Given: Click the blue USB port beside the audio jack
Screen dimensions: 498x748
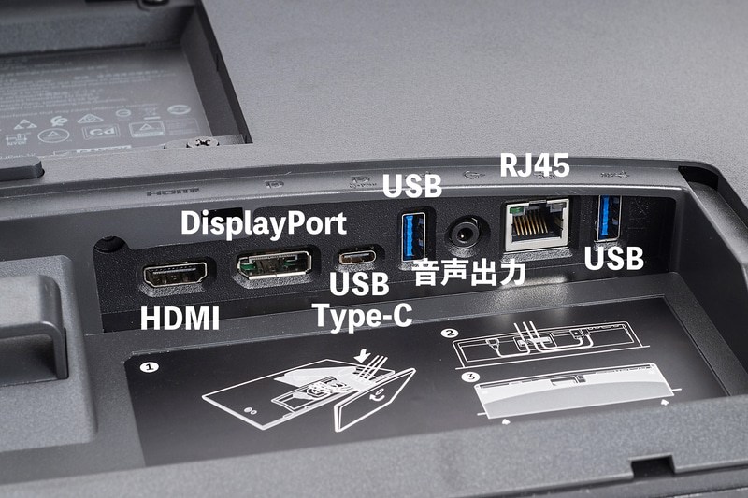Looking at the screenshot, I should pyautogui.click(x=413, y=235).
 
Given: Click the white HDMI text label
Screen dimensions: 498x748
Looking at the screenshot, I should pyautogui.click(x=180, y=318).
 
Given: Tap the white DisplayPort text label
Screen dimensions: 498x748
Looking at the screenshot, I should pyautogui.click(x=263, y=223).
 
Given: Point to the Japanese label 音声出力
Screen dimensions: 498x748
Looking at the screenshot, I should pyautogui.click(x=470, y=274).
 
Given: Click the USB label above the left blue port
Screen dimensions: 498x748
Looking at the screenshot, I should pyautogui.click(x=411, y=185).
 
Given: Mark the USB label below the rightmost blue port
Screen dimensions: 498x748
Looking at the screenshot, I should pyautogui.click(x=614, y=258).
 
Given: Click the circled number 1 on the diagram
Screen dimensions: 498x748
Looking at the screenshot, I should pyautogui.click(x=146, y=366).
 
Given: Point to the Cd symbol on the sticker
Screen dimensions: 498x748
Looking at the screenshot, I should pyautogui.click(x=106, y=132).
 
